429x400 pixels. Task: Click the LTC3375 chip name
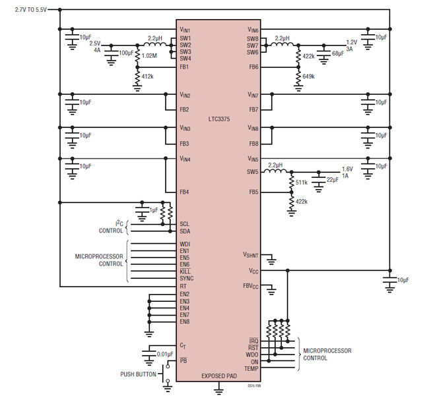(x=219, y=119)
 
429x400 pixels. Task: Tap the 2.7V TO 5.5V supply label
(x=30, y=10)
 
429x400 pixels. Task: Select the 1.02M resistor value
(x=149, y=56)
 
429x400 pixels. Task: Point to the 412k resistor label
(x=147, y=76)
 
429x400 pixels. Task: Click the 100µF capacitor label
(x=126, y=53)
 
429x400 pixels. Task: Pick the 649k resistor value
(x=309, y=76)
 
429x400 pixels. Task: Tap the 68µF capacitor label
(x=338, y=53)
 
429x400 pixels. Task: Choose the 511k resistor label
(x=302, y=183)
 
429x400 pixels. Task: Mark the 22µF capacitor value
(x=333, y=180)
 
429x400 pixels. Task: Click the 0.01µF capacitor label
(x=165, y=355)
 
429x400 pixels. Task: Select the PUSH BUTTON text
(x=138, y=374)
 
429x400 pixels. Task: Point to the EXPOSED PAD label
(x=219, y=376)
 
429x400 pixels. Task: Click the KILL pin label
(x=185, y=271)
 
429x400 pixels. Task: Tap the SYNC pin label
(x=187, y=278)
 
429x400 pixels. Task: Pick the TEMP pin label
(x=251, y=368)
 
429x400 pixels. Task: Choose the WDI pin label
(x=185, y=244)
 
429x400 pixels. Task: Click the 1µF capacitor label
(x=154, y=210)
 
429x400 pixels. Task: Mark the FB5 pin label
(x=253, y=192)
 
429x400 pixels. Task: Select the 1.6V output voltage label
(x=347, y=169)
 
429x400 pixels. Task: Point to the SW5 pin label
(x=253, y=172)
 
